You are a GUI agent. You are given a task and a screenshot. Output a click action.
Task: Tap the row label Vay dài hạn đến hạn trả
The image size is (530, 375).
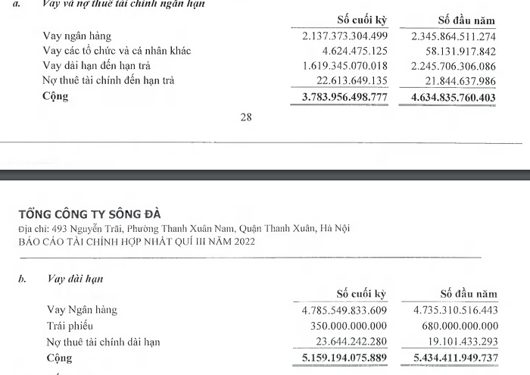click(104, 66)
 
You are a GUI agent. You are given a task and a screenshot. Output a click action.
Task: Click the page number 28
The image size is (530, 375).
click(246, 118)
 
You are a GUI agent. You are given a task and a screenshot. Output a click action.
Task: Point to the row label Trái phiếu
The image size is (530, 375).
click(69, 326)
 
